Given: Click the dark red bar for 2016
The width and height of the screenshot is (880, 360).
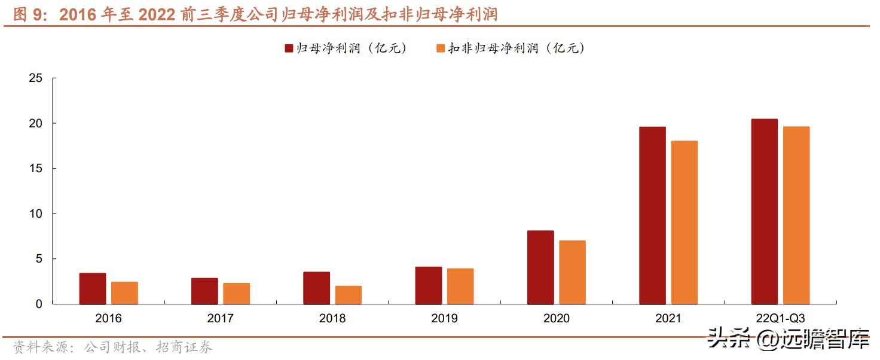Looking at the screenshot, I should click(93, 288).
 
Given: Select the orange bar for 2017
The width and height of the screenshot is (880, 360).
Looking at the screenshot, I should click(237, 293).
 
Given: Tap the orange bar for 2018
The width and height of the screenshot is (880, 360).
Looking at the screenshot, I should click(349, 295).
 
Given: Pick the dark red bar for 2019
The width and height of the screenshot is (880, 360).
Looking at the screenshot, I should click(429, 285).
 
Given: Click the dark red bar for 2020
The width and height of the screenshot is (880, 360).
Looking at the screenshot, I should click(540, 267).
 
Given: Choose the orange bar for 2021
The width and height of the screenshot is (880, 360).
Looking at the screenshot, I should click(685, 222).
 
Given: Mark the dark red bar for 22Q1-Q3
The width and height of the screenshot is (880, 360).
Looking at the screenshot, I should click(765, 212).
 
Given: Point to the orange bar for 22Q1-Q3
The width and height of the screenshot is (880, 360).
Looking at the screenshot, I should click(796, 215).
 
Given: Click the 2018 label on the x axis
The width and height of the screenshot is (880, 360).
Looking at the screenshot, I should click(332, 319).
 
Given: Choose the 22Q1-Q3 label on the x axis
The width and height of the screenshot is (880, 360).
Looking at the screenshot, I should click(780, 319).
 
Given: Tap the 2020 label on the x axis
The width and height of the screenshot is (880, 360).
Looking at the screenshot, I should click(556, 319).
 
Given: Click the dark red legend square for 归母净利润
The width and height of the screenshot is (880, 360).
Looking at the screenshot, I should click(289, 48).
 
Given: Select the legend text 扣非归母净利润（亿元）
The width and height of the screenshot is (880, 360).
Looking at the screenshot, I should click(517, 48).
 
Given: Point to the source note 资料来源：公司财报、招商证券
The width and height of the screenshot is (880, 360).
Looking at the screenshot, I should click(112, 347).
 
